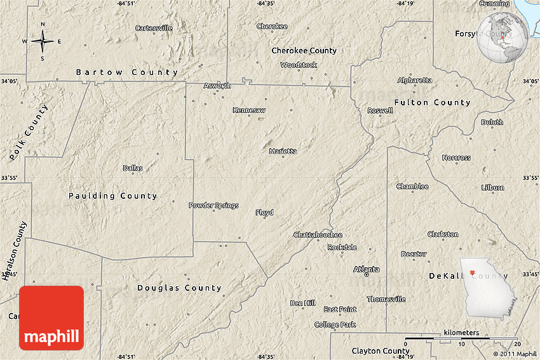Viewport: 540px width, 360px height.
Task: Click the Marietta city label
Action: (283, 151)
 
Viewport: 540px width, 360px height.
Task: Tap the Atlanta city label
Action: (367, 269)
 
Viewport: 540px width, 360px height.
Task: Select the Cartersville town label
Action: (154, 28)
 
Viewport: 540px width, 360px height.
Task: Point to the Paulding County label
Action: (112, 196)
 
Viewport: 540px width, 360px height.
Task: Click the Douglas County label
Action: (180, 288)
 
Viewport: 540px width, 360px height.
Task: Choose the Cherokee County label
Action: (304, 51)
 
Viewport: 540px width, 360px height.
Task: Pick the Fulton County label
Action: (432, 102)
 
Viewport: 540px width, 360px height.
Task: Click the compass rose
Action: (43, 42)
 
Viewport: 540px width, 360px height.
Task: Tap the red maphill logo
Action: (51, 317)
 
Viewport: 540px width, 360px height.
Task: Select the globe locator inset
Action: (503, 38)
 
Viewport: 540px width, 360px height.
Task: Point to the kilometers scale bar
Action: (461, 338)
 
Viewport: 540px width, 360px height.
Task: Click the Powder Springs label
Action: (213, 205)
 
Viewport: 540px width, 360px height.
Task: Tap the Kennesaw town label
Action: (249, 110)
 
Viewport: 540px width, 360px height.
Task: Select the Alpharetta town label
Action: (415, 80)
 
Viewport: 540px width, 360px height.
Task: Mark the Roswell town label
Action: (380, 110)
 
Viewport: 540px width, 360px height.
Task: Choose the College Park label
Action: (335, 324)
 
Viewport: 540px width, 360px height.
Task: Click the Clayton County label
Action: (381, 351)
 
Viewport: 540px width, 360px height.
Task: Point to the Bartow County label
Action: (127, 72)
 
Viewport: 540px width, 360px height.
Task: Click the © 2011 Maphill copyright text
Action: (515, 354)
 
